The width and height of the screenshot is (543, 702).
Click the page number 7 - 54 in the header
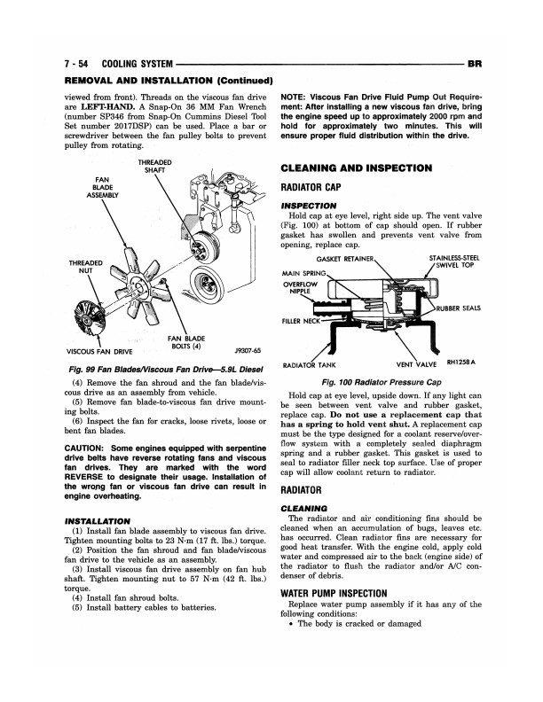76,64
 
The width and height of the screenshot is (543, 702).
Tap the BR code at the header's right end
475,64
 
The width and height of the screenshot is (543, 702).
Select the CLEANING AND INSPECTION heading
356,168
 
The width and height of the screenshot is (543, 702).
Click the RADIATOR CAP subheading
311,187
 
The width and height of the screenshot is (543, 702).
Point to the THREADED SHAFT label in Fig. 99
154,166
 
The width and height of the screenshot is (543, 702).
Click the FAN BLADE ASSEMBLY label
102,187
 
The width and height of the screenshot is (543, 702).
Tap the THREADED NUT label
85,267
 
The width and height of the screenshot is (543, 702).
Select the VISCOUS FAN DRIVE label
99,352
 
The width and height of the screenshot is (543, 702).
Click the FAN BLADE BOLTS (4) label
186,342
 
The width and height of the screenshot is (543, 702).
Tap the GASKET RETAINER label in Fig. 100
344,259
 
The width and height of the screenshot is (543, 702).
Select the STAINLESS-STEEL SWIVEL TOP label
454,261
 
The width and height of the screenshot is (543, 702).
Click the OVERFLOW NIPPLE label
300,287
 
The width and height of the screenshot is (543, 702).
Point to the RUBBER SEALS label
458,308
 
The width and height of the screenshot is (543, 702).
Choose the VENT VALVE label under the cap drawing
416,364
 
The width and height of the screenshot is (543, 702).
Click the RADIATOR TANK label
309,365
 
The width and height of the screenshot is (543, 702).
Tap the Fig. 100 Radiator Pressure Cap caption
382,382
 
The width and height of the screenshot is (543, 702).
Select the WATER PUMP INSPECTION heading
334,594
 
